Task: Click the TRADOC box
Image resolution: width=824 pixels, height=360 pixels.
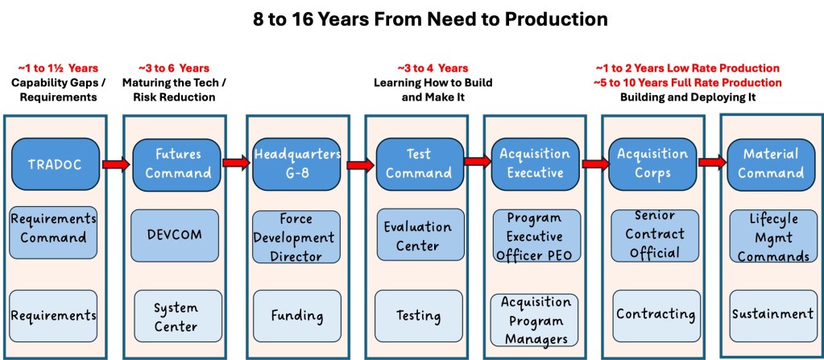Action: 55,164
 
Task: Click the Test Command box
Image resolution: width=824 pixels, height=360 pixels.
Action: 419,164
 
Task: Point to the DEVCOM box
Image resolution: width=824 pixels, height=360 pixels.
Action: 174,235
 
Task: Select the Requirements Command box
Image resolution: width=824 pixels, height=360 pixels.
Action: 55,228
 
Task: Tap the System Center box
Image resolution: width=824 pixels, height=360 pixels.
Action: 176,316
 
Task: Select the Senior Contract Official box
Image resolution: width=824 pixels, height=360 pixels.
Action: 649,234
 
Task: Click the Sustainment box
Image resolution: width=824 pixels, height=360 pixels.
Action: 772,314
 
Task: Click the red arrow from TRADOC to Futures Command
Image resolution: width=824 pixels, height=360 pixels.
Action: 115,164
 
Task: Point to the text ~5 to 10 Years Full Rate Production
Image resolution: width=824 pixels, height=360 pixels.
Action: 687,82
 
